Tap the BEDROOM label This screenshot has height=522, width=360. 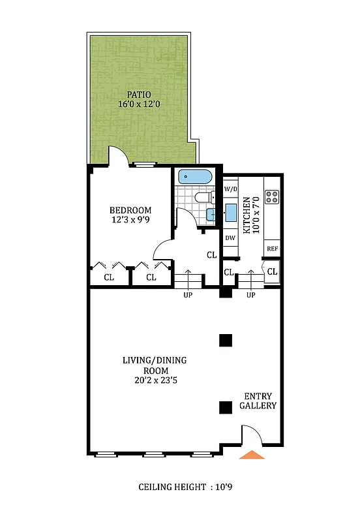coord(130,210)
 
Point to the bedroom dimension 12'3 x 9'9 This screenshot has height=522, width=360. coord(130,220)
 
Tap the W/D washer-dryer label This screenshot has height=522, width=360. coord(230,189)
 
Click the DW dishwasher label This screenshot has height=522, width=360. coord(230,238)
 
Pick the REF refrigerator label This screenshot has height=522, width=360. coord(272,249)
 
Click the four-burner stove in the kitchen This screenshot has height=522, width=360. coord(272,195)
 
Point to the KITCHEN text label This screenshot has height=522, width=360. coord(248,217)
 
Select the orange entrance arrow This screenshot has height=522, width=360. coord(252,454)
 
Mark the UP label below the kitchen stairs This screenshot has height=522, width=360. coord(251,295)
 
